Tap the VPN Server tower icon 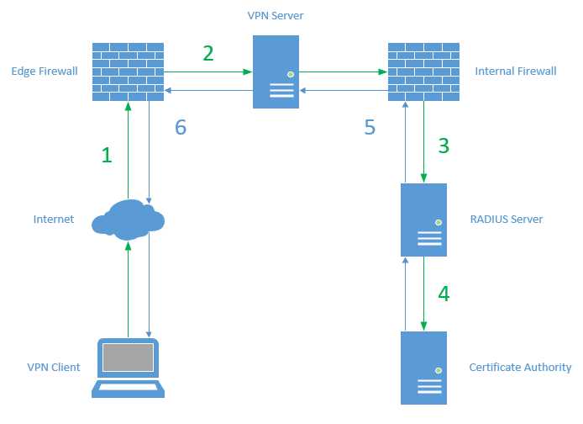click(276, 72)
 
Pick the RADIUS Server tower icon click(423, 220)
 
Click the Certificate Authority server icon click(423, 368)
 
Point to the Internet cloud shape click(128, 220)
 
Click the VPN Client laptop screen click(128, 358)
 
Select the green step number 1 click(106, 155)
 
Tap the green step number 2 click(208, 53)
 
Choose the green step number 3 click(444, 145)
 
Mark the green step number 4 click(444, 294)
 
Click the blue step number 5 click(370, 128)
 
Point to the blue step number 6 click(180, 128)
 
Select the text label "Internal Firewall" click(516, 72)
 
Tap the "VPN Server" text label click(276, 15)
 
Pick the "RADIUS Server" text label click(507, 220)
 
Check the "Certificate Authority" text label click(520, 368)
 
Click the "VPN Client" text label click(54, 368)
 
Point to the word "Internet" click(54, 220)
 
